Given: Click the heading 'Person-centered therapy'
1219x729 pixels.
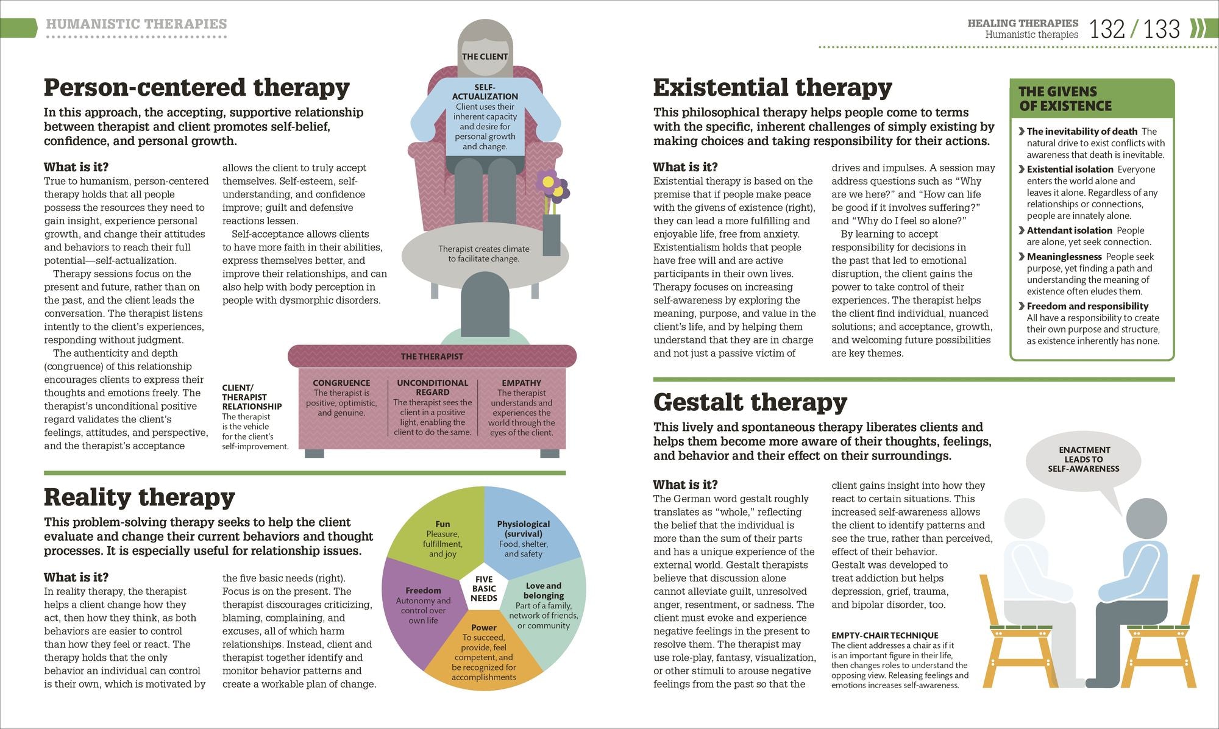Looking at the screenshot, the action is pyautogui.click(x=197, y=88).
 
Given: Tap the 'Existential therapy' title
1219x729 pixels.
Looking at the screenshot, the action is pyautogui.click(x=772, y=88).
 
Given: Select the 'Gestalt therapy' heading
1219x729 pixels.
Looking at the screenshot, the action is pyautogui.click(x=750, y=402).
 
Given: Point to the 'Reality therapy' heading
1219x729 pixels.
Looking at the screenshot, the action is pyautogui.click(x=139, y=497).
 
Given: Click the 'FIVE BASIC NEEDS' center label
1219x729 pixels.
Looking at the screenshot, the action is pyautogui.click(x=484, y=589).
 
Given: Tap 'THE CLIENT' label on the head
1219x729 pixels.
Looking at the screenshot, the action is pyautogui.click(x=485, y=57).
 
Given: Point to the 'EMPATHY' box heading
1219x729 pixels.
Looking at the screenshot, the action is pyautogui.click(x=522, y=383).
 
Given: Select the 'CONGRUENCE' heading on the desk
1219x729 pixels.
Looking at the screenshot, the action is pyautogui.click(x=341, y=383).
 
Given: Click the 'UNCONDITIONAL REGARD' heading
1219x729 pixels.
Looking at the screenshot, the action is pyautogui.click(x=433, y=388).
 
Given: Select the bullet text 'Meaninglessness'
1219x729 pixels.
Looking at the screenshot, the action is pyautogui.click(x=1064, y=257).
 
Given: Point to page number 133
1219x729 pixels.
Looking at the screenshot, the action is pyautogui.click(x=1162, y=29).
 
